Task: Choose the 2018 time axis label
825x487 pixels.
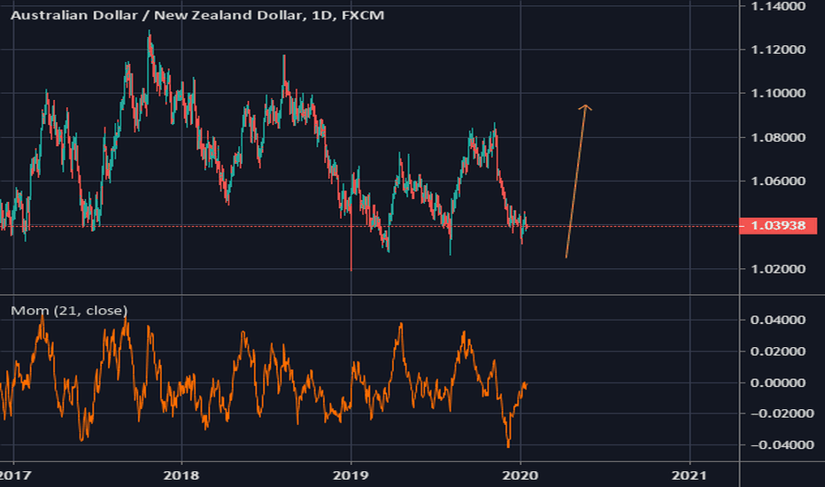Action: click(x=181, y=475)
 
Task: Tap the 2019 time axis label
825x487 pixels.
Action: click(x=351, y=475)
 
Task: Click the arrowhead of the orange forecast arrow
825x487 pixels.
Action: click(x=584, y=108)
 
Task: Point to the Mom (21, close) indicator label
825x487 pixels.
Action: click(x=68, y=310)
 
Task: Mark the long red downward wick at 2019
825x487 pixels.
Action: click(x=351, y=252)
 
